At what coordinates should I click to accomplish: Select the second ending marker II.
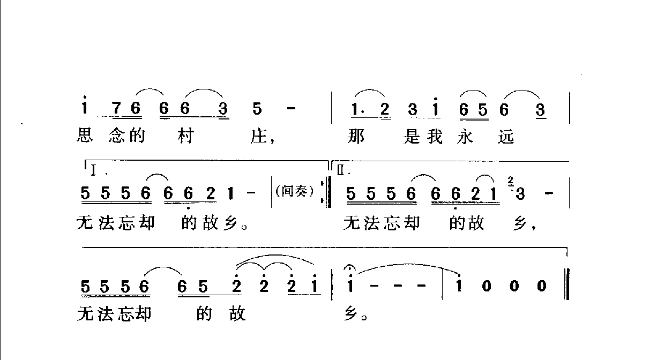click(344, 171)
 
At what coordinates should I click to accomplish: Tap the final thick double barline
click(566, 287)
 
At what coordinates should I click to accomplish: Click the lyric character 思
click(85, 137)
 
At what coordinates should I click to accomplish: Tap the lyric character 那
click(356, 137)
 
